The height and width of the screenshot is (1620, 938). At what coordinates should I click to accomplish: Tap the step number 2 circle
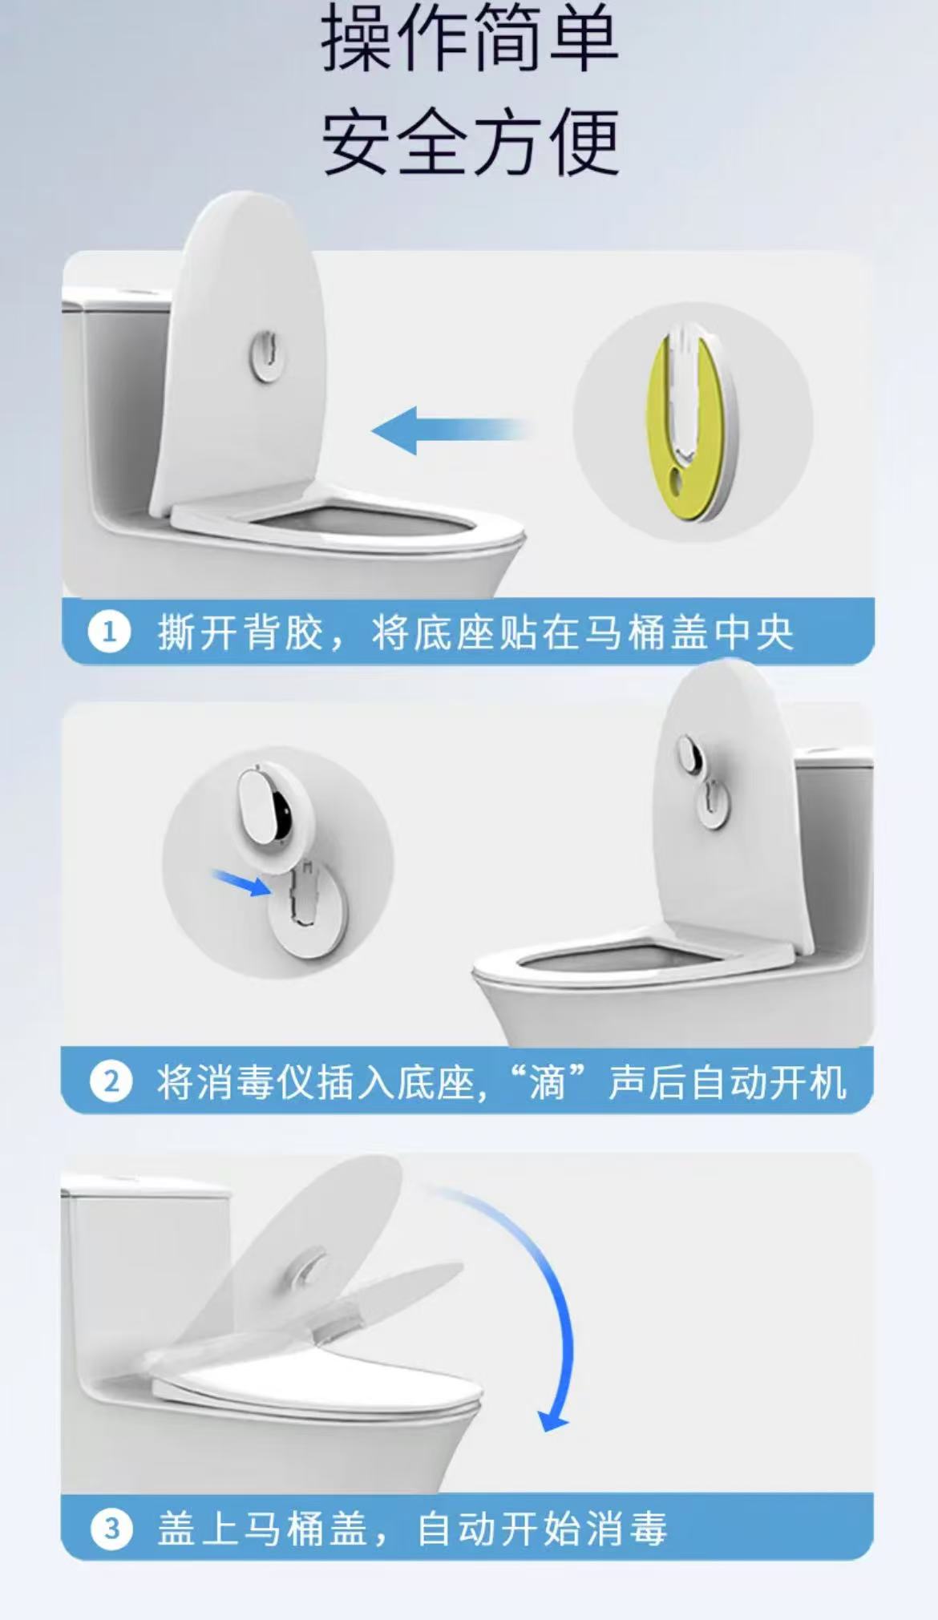click(x=111, y=1081)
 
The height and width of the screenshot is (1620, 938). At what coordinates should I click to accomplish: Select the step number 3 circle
click(x=111, y=1529)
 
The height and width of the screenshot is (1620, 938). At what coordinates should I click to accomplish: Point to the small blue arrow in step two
click(x=242, y=883)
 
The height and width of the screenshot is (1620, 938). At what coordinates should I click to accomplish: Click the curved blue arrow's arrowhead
click(x=552, y=1420)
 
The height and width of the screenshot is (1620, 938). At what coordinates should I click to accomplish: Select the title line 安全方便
click(x=470, y=142)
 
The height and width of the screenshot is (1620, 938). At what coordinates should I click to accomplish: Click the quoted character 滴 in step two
click(x=548, y=1082)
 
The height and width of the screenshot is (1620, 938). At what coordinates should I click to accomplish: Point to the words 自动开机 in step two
click(x=768, y=1082)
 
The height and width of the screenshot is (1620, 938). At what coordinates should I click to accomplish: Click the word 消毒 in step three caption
click(x=626, y=1529)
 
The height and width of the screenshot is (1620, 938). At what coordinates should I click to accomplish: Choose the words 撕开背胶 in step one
click(x=240, y=632)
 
